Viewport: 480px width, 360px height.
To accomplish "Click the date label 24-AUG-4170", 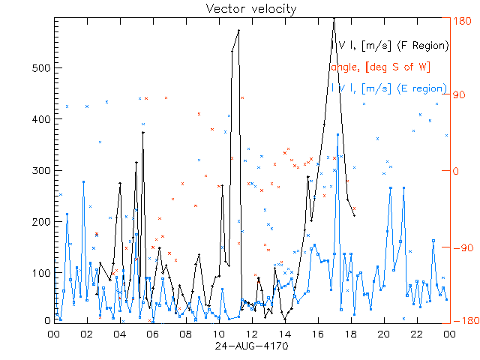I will [251, 347].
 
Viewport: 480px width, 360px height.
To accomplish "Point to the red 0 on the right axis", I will [458, 171].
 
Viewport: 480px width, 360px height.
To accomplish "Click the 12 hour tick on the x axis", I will [252, 334].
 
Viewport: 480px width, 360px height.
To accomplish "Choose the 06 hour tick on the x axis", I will [153, 334].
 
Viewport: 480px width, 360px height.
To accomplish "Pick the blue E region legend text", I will [389, 88].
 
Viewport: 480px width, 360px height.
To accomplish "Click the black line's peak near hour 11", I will [238, 31].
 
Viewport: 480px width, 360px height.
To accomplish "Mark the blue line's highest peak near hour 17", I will [338, 134].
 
